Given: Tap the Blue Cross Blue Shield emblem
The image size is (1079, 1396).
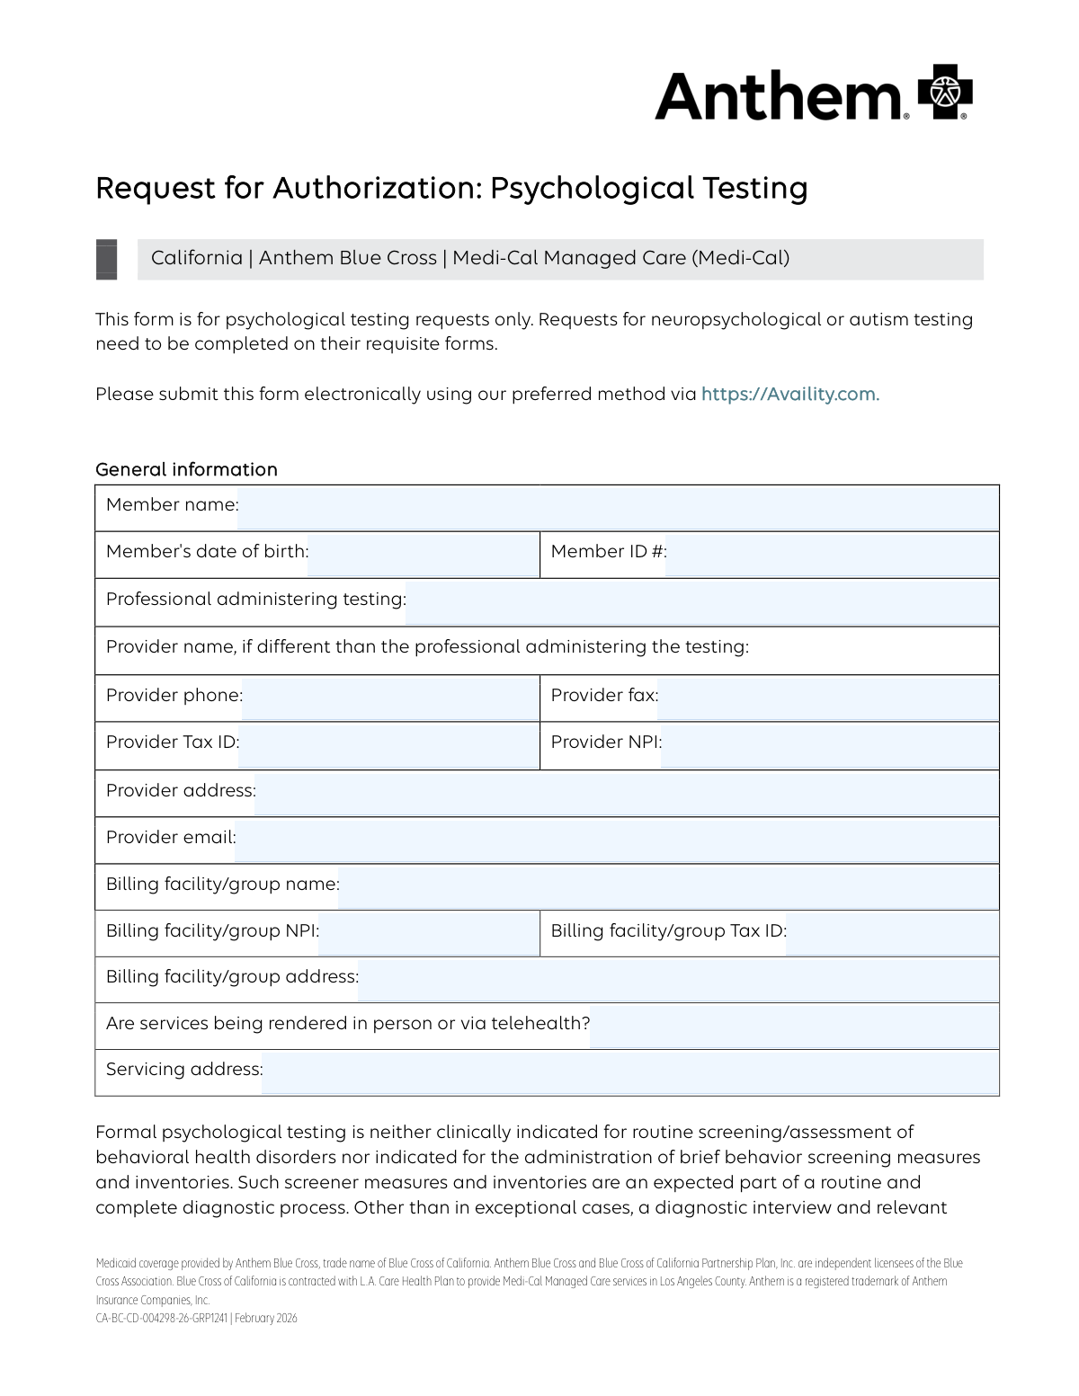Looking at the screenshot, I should [x=945, y=92].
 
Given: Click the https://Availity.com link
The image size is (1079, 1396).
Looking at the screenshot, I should [x=789, y=394].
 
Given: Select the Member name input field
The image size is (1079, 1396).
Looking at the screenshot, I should [x=618, y=508].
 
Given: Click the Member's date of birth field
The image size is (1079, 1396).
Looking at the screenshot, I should [x=423, y=555].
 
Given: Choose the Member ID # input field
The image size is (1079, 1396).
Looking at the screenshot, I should [x=832, y=555].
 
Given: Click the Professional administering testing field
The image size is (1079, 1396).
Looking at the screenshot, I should [x=701, y=602].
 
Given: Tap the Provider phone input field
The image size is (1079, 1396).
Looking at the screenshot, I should [x=389, y=698].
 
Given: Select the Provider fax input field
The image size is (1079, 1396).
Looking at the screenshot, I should [x=827, y=698].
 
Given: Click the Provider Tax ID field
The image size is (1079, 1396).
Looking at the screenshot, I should [x=388, y=745].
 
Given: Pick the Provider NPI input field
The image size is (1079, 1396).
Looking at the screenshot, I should [x=829, y=745].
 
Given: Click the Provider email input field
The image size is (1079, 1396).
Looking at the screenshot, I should [x=616, y=840].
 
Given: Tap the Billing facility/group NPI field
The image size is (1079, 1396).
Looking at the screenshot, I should [x=428, y=933].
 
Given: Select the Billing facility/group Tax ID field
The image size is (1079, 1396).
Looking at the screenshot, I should [x=891, y=933].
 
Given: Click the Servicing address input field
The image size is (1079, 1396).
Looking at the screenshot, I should [x=629, y=1072].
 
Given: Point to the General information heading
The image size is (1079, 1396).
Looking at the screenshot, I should [x=186, y=469].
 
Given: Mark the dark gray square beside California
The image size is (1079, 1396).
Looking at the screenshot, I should [x=106, y=259].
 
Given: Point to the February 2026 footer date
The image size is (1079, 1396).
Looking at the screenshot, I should [x=266, y=1319].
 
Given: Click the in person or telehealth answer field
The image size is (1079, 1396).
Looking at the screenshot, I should [x=793, y=1026].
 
